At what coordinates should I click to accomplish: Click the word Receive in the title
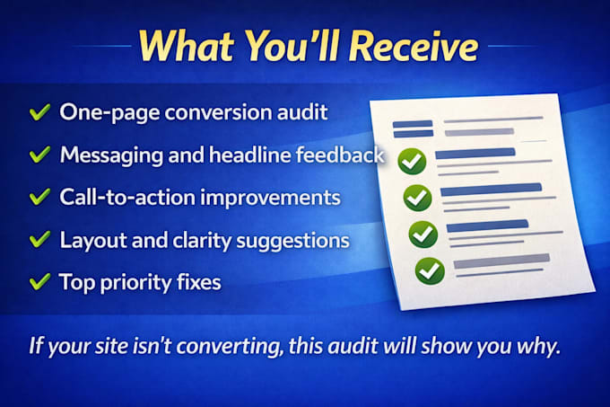(414, 47)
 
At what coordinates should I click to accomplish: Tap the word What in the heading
(187, 47)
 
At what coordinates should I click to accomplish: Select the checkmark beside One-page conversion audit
(39, 112)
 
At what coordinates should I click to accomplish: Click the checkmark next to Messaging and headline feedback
(39, 155)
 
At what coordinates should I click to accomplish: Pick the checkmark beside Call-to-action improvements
(39, 197)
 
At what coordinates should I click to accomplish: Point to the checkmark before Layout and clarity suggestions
(39, 240)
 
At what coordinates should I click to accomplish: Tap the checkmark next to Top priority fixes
(39, 281)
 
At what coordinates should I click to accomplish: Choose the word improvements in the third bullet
(270, 198)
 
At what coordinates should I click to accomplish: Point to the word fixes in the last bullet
(199, 282)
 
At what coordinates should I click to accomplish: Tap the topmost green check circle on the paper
(412, 161)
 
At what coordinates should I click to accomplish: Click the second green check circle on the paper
(417, 198)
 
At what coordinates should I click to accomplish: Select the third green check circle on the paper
(423, 234)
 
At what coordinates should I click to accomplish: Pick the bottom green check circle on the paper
(430, 270)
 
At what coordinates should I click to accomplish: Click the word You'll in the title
(292, 47)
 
